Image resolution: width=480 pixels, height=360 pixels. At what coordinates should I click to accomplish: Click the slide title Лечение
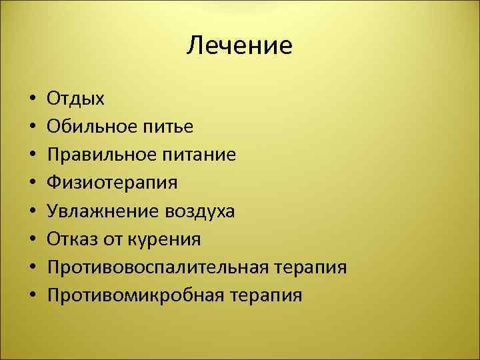(239, 45)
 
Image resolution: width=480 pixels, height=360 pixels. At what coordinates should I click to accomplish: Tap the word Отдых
(75, 99)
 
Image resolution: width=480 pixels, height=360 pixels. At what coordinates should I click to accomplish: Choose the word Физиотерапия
(113, 183)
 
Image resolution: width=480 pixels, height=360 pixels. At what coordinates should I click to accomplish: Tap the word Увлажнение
(100, 211)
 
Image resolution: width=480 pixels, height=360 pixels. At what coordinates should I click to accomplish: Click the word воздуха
(196, 211)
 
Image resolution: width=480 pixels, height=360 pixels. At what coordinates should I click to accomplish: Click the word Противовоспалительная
(157, 267)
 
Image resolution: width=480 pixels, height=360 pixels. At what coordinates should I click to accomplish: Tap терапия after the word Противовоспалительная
(309, 267)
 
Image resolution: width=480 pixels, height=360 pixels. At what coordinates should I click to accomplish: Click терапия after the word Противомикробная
(265, 295)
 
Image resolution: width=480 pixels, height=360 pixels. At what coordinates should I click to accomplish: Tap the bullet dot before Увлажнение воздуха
(32, 212)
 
